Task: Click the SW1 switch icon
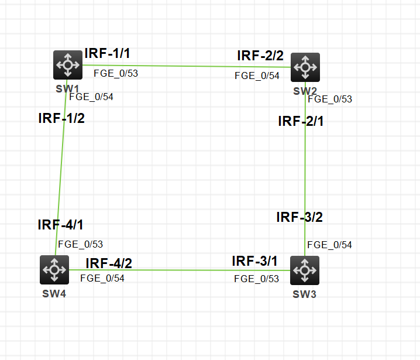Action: pos(68,64)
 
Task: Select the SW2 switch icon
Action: pos(305,67)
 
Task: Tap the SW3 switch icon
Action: pos(304,270)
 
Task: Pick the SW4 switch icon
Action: pos(54,270)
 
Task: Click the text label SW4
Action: pos(54,293)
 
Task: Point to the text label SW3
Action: pos(304,294)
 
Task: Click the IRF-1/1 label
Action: pos(107,53)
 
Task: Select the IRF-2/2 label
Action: pos(260,56)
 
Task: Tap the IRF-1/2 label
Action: pos(61,118)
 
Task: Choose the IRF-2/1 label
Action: pos(301,121)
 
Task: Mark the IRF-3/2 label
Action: pos(299,217)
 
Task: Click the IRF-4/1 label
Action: pos(61,224)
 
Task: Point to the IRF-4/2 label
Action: pos(109,263)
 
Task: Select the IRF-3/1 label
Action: pos(255,260)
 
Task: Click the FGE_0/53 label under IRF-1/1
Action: pos(116,73)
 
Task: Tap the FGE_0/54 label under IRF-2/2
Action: pos(257,76)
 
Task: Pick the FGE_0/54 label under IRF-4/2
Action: pos(102,279)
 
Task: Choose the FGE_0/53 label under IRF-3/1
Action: pos(256,279)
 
